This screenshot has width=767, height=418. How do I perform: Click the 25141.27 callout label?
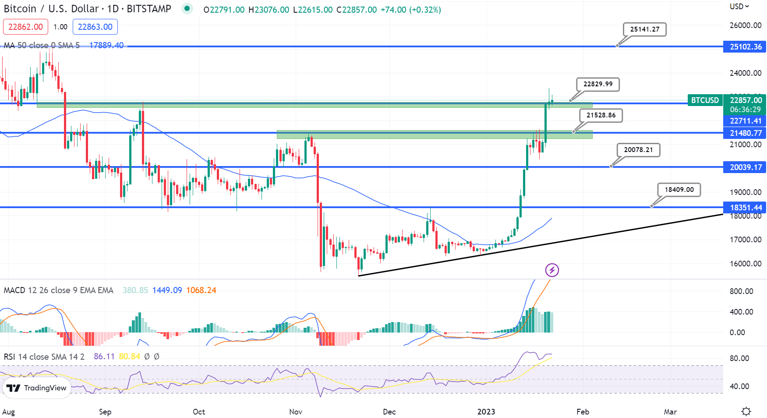click(x=644, y=29)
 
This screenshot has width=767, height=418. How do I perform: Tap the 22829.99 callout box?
click(x=597, y=84)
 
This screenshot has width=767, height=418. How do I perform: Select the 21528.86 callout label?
click(x=601, y=115)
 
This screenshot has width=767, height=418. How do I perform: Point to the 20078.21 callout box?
click(x=638, y=150)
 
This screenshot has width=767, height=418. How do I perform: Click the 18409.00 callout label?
click(x=679, y=190)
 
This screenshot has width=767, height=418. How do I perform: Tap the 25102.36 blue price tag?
click(x=745, y=47)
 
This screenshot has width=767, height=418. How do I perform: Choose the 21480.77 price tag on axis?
click(x=745, y=133)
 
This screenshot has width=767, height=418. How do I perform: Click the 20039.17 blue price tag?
click(x=745, y=167)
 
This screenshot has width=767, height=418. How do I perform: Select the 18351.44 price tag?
click(x=745, y=208)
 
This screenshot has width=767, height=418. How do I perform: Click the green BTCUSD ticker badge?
click(x=705, y=100)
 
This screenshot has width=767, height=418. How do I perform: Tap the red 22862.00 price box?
click(x=25, y=27)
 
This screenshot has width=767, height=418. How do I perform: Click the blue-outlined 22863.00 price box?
click(x=95, y=27)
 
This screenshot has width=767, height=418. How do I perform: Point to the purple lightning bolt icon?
click(x=552, y=270)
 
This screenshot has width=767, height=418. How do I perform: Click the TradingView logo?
click(x=37, y=388)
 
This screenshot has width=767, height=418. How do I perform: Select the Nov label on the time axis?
click(x=296, y=412)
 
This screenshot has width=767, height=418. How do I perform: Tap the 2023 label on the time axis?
click(x=486, y=412)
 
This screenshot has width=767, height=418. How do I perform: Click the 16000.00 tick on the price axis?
click(x=745, y=264)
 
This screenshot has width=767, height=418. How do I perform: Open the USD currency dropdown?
click(x=739, y=7)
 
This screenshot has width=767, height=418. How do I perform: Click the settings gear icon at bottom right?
click(x=746, y=411)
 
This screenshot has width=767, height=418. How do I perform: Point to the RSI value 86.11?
click(x=104, y=357)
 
